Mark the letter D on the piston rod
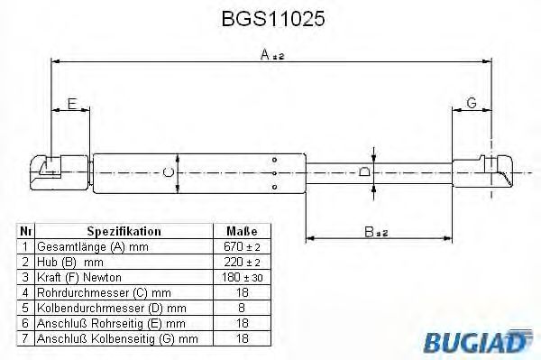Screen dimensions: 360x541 point(364,171)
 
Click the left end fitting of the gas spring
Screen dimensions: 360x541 point(50,170)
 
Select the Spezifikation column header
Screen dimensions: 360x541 point(124,231)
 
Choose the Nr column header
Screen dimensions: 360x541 point(26,231)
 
